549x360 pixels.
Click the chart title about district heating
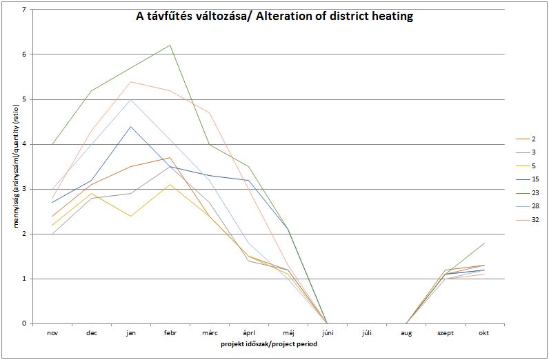(x=274, y=17)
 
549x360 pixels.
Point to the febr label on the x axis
(x=170, y=332)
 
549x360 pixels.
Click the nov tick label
(x=52, y=332)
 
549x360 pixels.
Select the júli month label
(x=367, y=332)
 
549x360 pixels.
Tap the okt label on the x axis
(x=484, y=332)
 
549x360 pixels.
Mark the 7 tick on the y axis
(x=23, y=10)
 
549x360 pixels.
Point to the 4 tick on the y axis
(x=23, y=144)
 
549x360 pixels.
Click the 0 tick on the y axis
(x=23, y=323)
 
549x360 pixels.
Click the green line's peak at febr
(x=170, y=46)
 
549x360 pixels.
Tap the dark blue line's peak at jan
(x=131, y=126)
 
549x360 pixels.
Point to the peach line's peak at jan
(x=131, y=81)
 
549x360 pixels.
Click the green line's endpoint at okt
(x=484, y=243)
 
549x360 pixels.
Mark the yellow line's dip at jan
(x=131, y=216)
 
